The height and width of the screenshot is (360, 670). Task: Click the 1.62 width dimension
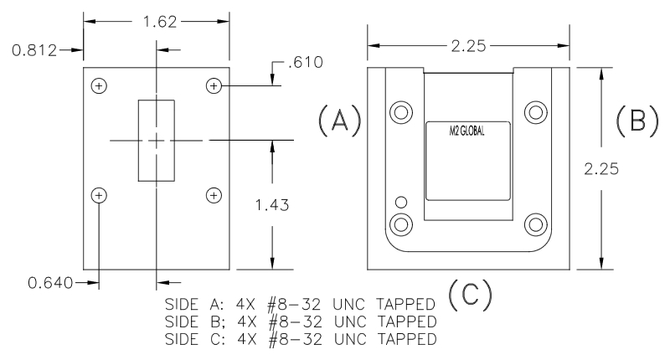(157, 23)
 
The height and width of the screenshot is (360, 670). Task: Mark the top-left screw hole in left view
(100, 85)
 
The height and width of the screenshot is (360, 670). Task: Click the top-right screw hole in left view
(214, 85)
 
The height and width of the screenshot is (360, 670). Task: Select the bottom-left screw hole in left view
(100, 195)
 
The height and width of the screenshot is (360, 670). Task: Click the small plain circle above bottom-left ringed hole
(402, 202)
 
